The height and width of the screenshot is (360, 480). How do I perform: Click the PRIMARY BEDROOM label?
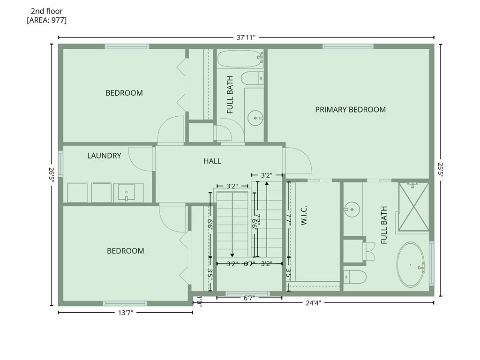click(x=350, y=110)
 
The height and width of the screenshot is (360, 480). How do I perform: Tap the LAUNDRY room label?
click(x=104, y=156)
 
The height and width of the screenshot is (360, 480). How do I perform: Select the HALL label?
click(x=212, y=161)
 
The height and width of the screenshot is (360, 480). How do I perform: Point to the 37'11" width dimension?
click(x=246, y=37)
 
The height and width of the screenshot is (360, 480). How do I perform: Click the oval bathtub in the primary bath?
click(x=410, y=265)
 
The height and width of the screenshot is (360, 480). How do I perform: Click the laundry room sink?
click(x=127, y=192)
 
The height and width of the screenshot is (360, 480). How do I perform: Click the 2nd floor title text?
click(x=47, y=11)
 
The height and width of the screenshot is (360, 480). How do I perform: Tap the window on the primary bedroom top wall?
click(x=348, y=46)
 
